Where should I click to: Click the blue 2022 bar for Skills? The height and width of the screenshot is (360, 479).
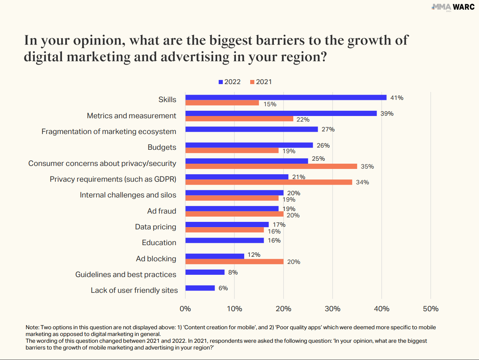pyautogui.click(x=286, y=98)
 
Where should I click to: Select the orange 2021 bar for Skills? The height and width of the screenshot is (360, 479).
pyautogui.click(x=222, y=103)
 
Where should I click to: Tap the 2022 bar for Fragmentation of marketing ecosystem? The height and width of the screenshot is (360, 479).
pyautogui.click(x=251, y=129)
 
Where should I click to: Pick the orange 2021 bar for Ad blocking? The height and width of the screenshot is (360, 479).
pyautogui.click(x=234, y=261)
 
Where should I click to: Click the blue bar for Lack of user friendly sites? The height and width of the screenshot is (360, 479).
pyautogui.click(x=200, y=288)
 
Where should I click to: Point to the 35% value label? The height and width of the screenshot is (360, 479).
pyautogui.click(x=367, y=166)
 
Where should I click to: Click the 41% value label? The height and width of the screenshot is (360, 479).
pyautogui.click(x=396, y=98)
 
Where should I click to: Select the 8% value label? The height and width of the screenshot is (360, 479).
pyautogui.click(x=233, y=272)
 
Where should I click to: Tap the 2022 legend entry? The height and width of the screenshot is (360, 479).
pyautogui.click(x=230, y=82)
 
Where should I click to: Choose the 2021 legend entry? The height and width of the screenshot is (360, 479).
pyautogui.click(x=261, y=82)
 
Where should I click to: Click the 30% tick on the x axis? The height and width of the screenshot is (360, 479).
pyautogui.click(x=332, y=309)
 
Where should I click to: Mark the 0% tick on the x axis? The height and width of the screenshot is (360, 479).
pyautogui.click(x=185, y=309)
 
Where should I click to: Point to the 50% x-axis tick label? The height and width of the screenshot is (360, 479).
pyautogui.click(x=431, y=309)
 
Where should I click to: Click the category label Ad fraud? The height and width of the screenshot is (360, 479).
pyautogui.click(x=162, y=211)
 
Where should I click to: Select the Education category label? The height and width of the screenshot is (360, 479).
pyautogui.click(x=159, y=243)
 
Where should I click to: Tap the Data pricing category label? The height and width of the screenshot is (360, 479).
pyautogui.click(x=156, y=227)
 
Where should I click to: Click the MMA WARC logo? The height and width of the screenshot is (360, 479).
pyautogui.click(x=453, y=7)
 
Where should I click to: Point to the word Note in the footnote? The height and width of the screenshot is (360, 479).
pyautogui.click(x=32, y=327)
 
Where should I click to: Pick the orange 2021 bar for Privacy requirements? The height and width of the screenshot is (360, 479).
pyautogui.click(x=269, y=182)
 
